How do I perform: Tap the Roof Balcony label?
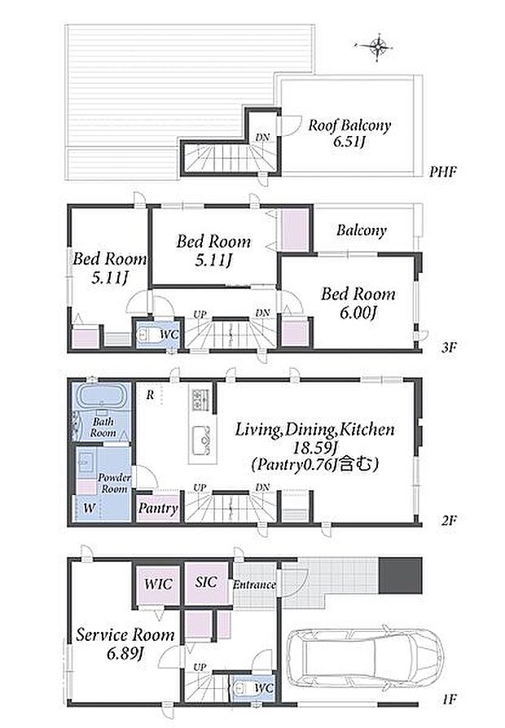coord(349,125)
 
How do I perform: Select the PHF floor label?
coord(443,172)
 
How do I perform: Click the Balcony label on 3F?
coord(362,230)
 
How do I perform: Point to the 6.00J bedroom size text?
coord(358,314)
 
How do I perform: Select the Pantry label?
coord(157,508)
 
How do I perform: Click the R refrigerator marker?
coord(150,395)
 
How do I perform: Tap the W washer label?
coord(89,507)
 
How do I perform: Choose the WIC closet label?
coord(158,584)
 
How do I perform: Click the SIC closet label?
coord(206,581)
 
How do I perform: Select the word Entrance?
coord(254,585)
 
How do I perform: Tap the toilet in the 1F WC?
coord(242,687)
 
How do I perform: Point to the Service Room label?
coord(125,634)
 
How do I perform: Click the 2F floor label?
coord(448,520)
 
